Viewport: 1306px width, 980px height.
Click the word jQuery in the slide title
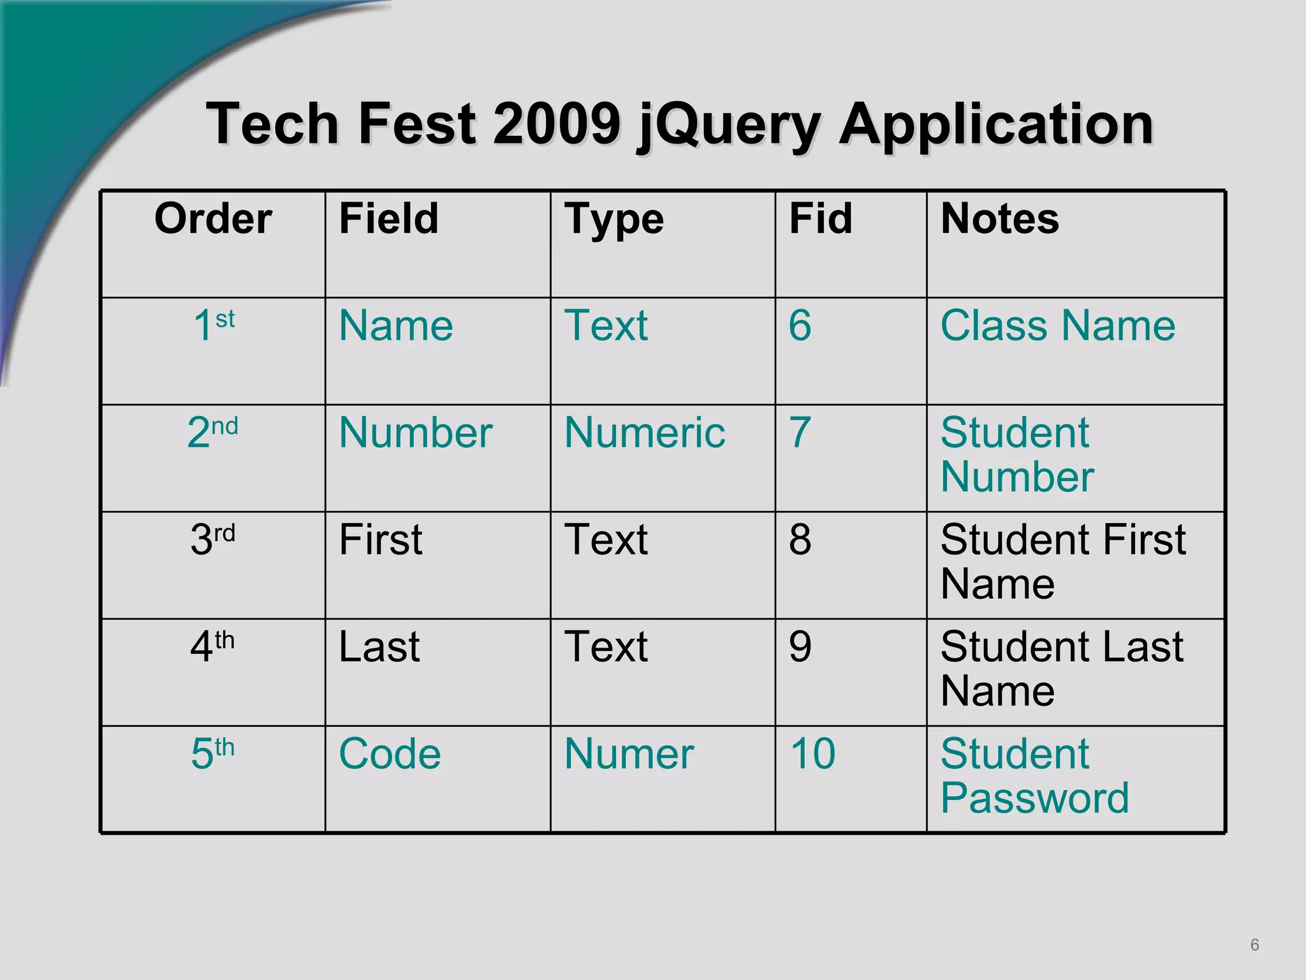729,125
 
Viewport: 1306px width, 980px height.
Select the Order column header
213,219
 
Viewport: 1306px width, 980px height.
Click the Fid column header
820,219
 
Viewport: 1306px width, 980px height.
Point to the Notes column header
999,219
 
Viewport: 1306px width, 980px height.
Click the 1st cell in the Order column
214,325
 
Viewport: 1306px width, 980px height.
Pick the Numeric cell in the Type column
644,433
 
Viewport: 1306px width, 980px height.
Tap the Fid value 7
800,433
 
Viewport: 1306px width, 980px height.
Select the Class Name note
1057,325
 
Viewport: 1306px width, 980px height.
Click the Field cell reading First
380,540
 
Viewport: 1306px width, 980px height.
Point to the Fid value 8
800,540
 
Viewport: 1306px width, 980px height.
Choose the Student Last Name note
1061,668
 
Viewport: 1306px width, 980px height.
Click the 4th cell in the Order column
212,646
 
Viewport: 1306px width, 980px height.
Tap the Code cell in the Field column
390,754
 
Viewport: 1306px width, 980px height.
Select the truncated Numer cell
629,754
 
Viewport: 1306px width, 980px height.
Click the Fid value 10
812,754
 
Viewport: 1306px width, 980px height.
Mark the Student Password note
1034,775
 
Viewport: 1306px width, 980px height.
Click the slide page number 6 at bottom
1254,945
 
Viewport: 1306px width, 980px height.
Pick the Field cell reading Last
379,647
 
